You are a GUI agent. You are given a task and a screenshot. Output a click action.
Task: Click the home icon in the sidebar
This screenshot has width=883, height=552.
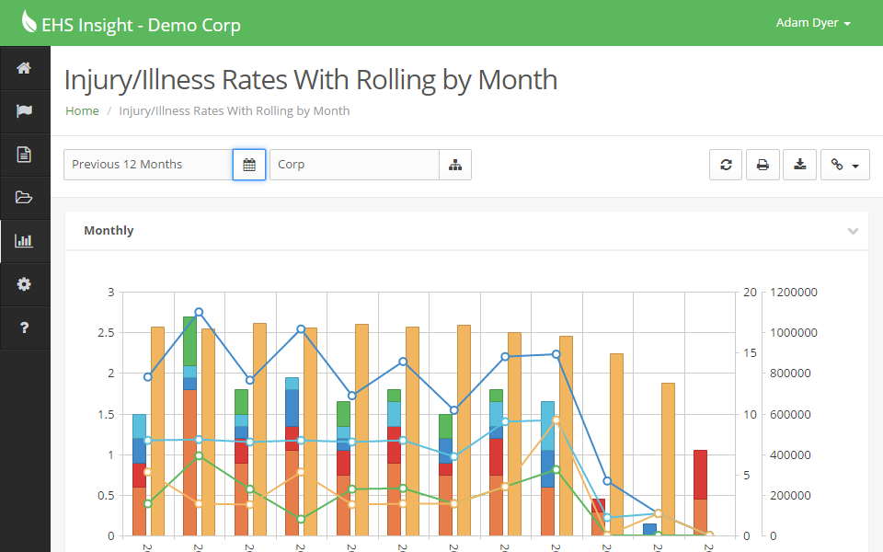click(24, 68)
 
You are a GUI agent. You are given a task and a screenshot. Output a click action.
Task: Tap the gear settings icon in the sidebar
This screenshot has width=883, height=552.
click(24, 284)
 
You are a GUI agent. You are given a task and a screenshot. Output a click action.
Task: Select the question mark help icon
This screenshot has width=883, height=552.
click(24, 328)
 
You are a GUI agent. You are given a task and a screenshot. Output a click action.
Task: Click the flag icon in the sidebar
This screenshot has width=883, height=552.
click(24, 111)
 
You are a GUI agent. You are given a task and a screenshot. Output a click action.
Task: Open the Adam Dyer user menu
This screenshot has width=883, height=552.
click(813, 23)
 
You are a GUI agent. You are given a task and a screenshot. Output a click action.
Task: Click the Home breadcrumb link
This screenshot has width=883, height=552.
click(82, 110)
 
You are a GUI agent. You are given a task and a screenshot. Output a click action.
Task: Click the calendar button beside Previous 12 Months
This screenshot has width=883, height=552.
click(249, 165)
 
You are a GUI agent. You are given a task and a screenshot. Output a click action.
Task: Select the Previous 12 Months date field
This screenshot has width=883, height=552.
click(147, 165)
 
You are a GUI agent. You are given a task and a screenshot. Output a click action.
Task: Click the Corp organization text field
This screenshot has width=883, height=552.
click(354, 165)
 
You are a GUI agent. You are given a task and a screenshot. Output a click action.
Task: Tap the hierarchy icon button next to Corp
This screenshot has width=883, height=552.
click(455, 165)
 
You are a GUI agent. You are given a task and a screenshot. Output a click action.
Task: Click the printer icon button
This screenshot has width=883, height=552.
click(763, 165)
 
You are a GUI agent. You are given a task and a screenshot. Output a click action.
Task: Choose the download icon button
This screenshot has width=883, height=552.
click(800, 165)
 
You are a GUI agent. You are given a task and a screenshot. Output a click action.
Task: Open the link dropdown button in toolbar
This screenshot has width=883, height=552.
click(844, 165)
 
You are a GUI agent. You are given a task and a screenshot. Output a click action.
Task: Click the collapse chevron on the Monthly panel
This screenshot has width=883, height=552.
click(853, 231)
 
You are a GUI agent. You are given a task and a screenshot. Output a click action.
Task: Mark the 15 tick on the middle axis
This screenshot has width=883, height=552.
click(750, 353)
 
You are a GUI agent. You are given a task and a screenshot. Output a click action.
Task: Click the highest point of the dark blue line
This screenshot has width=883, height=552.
click(199, 313)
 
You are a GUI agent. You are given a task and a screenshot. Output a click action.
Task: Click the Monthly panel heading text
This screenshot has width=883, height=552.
click(109, 231)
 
